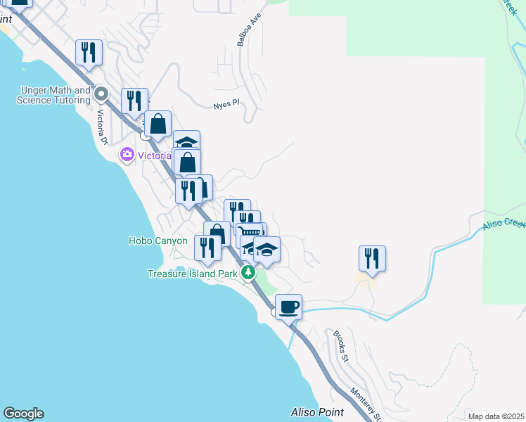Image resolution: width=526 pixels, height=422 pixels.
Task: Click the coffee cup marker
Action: click(x=288, y=307)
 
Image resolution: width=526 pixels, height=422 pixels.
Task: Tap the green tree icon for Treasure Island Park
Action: click(x=248, y=272)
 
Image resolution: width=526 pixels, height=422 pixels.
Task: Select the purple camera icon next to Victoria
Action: click(x=127, y=154)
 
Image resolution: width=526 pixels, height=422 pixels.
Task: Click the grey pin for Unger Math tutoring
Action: click(x=101, y=94)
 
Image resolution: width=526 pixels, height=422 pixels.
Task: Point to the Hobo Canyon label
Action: click(x=158, y=241)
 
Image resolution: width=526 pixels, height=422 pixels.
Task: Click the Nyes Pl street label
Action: click(x=226, y=104)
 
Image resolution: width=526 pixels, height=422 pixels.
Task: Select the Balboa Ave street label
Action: click(x=243, y=32)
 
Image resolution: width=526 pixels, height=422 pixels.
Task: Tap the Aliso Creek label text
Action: click(x=504, y=224)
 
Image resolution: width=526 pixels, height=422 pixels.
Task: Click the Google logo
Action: click(x=23, y=414)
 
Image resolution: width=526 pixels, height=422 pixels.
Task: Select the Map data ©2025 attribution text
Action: click(x=496, y=416)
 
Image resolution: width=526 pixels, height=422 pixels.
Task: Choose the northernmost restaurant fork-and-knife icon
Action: click(x=89, y=52)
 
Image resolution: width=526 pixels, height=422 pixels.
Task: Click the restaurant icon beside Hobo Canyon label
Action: click(x=207, y=248)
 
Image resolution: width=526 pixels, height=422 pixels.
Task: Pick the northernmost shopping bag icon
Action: click(x=158, y=124)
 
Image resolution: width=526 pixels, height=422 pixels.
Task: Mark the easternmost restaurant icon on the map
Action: click(x=372, y=258)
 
